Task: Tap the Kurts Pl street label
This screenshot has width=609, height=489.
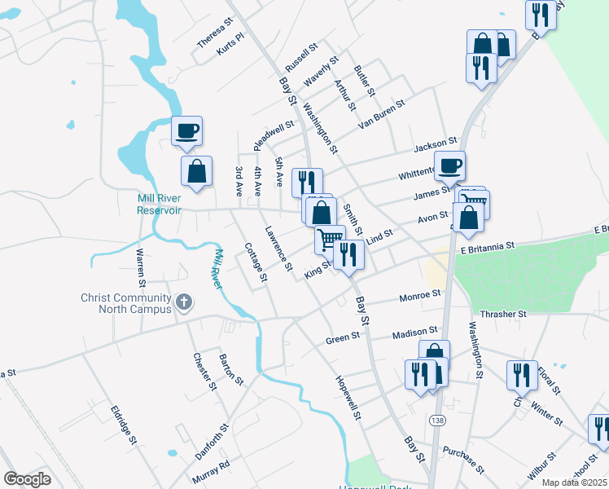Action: (x=230, y=44)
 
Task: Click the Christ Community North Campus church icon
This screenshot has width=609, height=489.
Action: (x=185, y=303)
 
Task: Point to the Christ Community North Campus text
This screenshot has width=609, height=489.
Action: (x=125, y=303)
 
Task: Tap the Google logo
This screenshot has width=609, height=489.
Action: (x=27, y=479)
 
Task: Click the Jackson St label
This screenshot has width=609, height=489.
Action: (x=432, y=147)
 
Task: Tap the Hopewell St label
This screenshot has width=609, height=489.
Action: (x=348, y=398)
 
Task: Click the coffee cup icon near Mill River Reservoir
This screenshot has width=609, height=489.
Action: (x=186, y=130)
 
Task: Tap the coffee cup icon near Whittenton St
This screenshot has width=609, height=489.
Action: (x=449, y=165)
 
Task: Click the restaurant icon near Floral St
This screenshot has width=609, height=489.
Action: (x=521, y=375)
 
